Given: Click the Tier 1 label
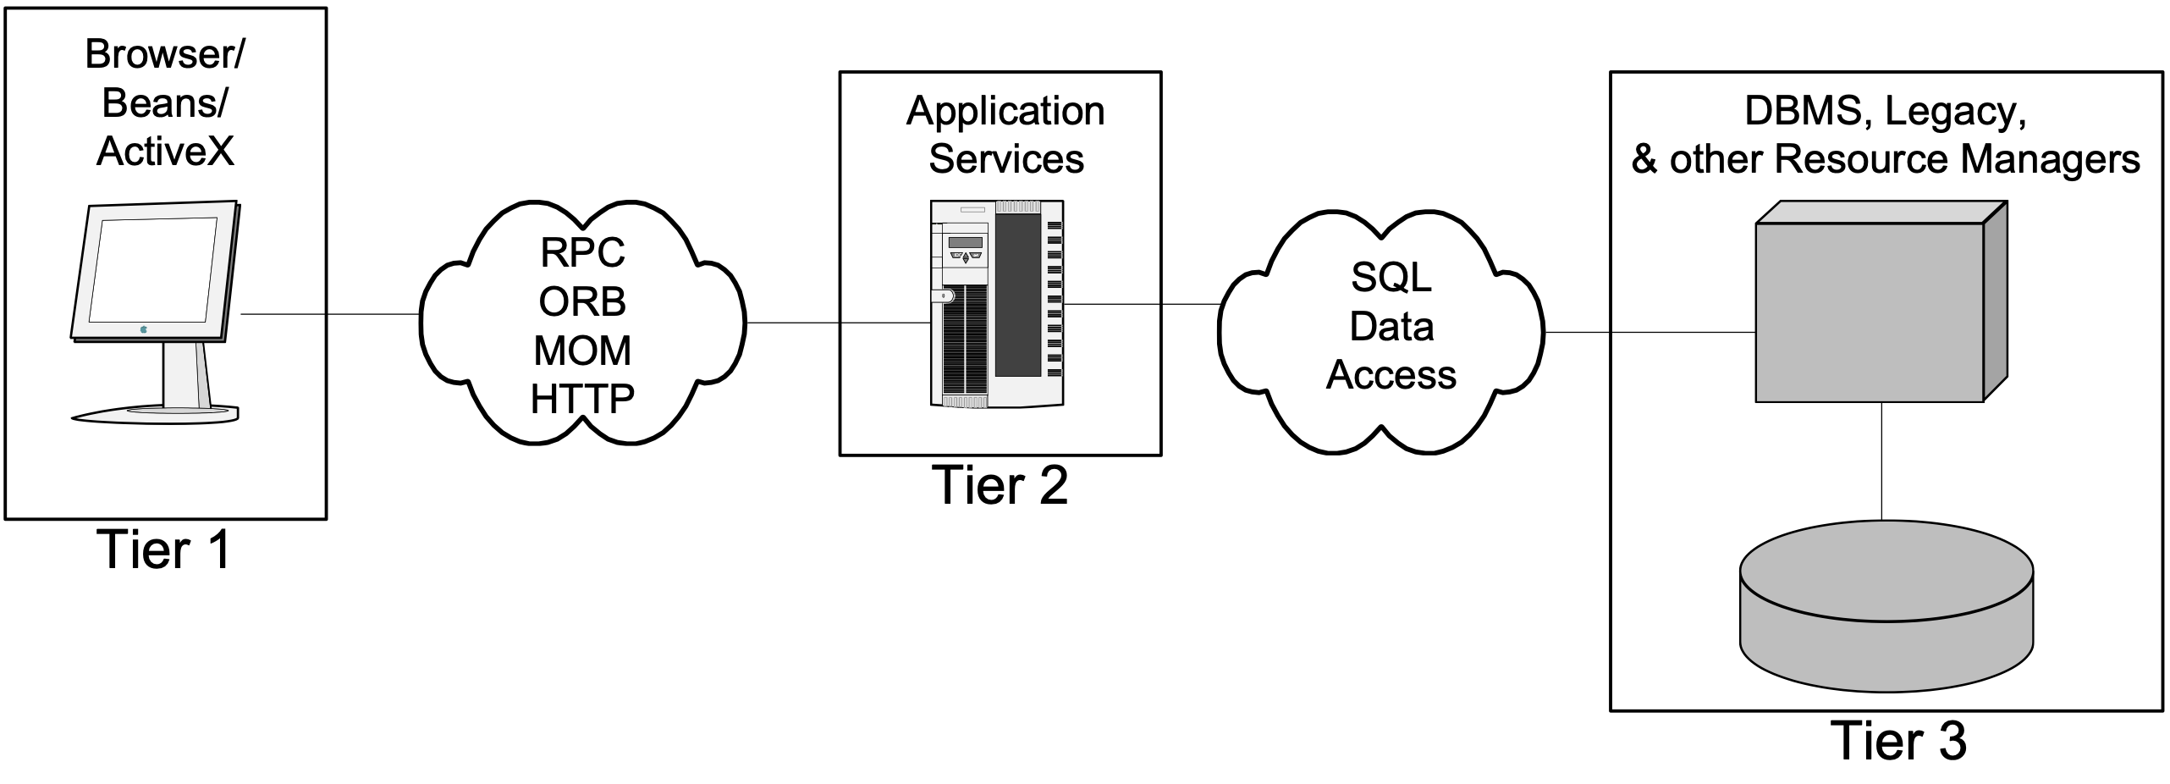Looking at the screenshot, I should (164, 550).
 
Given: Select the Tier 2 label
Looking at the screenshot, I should (1000, 486).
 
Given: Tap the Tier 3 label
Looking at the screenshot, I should (1898, 742).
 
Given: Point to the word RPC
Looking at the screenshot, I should (582, 252).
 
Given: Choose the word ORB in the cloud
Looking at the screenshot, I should (582, 301).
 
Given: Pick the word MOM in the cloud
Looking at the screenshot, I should (582, 351).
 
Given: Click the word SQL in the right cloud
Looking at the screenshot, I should (1391, 277).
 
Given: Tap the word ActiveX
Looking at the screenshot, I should (165, 152).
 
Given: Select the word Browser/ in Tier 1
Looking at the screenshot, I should (165, 54).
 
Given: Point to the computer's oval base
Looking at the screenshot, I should (155, 414).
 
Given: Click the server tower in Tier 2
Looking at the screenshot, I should (997, 303).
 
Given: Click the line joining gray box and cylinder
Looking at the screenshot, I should (1881, 461).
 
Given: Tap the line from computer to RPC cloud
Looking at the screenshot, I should (330, 314).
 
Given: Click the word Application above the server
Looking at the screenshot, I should (1005, 111).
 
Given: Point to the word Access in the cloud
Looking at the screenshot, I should (1391, 375).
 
